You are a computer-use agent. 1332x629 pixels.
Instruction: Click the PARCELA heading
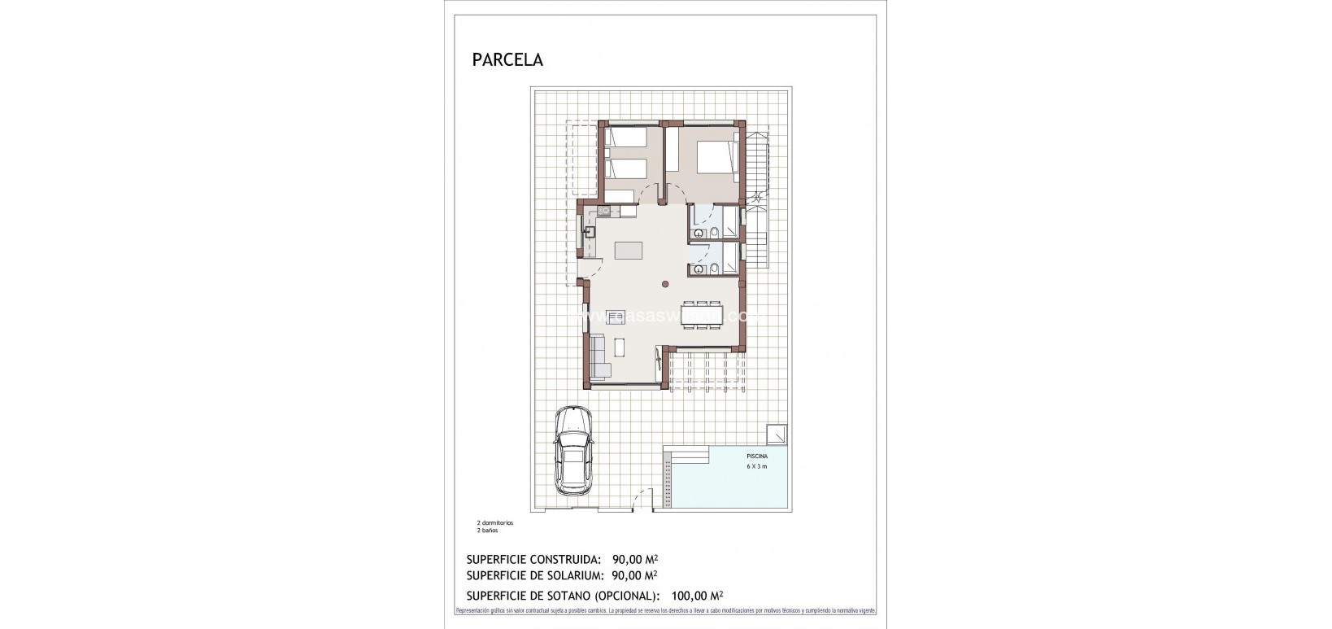click(507, 59)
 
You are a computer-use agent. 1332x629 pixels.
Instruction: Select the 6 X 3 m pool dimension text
click(756, 467)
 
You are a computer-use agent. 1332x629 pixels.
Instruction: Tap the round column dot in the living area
click(665, 284)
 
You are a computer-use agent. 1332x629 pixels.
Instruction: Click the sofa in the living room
click(599, 358)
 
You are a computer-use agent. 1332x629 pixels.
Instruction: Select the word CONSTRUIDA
click(560, 559)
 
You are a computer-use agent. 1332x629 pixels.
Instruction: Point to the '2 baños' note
click(487, 530)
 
